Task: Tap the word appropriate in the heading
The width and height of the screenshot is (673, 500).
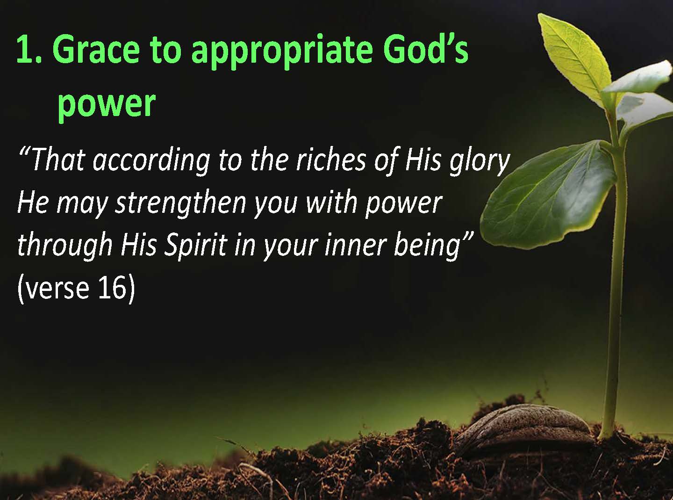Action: (282, 51)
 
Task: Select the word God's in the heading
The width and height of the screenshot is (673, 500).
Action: (425, 49)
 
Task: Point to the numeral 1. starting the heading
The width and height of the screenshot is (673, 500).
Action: (29, 49)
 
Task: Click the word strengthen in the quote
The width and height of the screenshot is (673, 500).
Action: (181, 204)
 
